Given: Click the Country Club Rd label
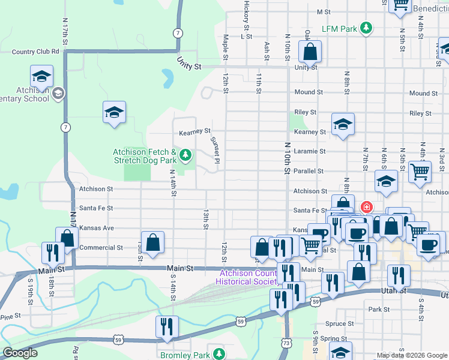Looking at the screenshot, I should [35, 52].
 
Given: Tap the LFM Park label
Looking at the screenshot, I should [339, 28].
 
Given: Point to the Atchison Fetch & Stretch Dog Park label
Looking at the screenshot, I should [145, 157].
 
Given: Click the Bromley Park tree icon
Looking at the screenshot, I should [219, 354].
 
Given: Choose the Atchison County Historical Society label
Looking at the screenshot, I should [247, 277].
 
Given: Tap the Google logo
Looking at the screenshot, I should [20, 353].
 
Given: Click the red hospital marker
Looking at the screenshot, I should [366, 208].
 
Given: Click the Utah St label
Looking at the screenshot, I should [394, 290].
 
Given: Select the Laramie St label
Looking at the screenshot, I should [310, 152].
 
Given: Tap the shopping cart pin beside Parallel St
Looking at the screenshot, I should [420, 171].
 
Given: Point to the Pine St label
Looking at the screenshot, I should [11, 316].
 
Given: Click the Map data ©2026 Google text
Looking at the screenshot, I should [412, 355].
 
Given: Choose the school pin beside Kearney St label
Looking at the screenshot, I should [343, 124].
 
